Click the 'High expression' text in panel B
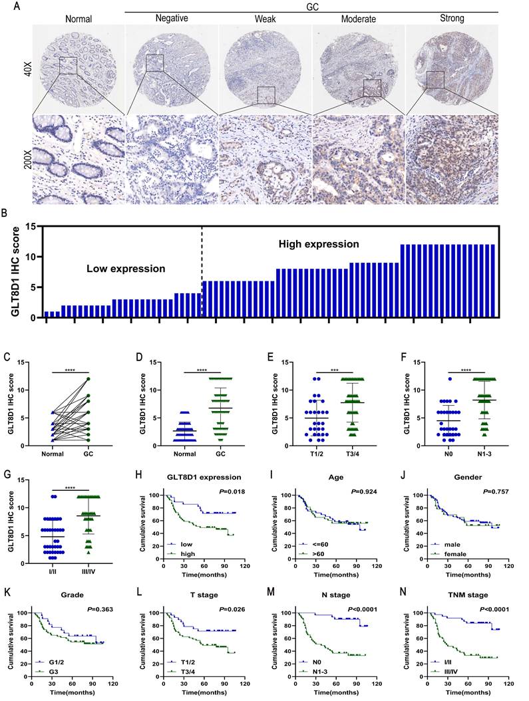(318, 245)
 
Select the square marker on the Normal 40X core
(68, 66)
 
